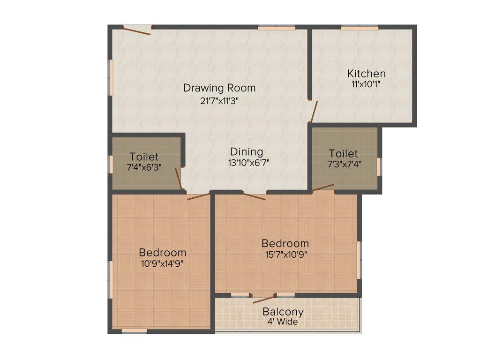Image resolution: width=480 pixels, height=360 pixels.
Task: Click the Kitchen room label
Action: click(x=366, y=74)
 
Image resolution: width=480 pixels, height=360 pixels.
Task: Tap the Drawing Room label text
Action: click(x=219, y=88)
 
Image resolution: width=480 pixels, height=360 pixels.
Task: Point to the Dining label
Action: click(x=246, y=152)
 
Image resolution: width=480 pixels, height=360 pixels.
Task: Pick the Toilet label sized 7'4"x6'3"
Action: click(x=144, y=157)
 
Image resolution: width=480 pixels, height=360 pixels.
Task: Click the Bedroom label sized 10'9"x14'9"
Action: click(x=162, y=253)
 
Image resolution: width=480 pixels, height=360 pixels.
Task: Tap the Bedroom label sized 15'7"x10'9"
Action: click(x=285, y=244)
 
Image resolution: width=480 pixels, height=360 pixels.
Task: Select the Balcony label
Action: click(x=283, y=312)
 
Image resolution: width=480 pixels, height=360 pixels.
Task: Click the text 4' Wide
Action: click(x=283, y=322)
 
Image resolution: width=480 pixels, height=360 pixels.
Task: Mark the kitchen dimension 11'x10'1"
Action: click(x=366, y=84)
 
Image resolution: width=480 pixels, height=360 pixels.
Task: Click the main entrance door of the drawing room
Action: click(x=137, y=30)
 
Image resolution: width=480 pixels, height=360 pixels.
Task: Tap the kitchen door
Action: click(x=314, y=112)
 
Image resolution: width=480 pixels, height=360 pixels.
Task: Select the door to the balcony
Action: click(x=263, y=299)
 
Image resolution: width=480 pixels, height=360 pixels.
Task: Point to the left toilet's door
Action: click(x=178, y=179)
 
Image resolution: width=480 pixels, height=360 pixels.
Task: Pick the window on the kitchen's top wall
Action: click(x=360, y=28)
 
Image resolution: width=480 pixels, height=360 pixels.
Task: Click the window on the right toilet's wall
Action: click(x=379, y=166)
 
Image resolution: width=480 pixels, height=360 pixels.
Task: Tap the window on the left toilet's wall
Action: click(x=111, y=164)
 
